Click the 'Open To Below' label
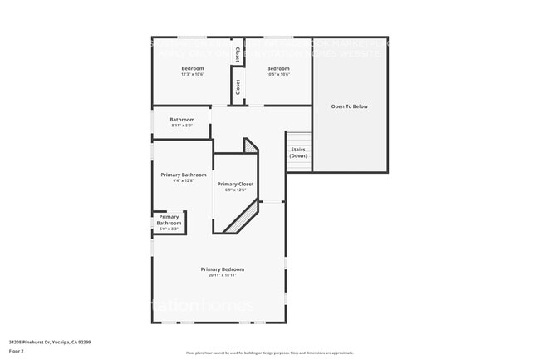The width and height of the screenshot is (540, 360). pyautogui.click(x=349, y=106)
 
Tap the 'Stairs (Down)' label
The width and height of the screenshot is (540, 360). pyautogui.click(x=298, y=153)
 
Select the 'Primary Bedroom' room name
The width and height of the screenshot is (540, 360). pyautogui.click(x=222, y=269)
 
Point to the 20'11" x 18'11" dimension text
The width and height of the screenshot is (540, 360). pyautogui.click(x=222, y=275)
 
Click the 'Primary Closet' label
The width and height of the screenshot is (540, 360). pyautogui.click(x=235, y=184)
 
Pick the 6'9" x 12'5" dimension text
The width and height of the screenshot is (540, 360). pyautogui.click(x=235, y=190)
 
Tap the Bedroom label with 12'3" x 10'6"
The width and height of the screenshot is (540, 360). pyautogui.click(x=193, y=68)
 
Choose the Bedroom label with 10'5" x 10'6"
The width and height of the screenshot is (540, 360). pyautogui.click(x=277, y=68)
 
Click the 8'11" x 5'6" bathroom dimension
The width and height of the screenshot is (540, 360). pyautogui.click(x=182, y=126)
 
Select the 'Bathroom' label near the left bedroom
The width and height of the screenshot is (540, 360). pyautogui.click(x=182, y=120)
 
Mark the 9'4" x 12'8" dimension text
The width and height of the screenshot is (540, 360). pyautogui.click(x=183, y=180)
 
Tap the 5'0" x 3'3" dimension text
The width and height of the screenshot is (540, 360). pyautogui.click(x=169, y=229)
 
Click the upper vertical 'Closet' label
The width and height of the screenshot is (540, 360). pyautogui.click(x=238, y=56)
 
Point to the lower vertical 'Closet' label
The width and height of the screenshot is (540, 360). pyautogui.click(x=238, y=86)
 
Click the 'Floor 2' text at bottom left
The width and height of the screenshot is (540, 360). pyautogui.click(x=17, y=351)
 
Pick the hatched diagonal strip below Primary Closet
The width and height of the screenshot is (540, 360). pyautogui.click(x=241, y=220)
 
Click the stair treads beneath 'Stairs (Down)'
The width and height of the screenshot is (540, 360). pyautogui.click(x=298, y=165)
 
